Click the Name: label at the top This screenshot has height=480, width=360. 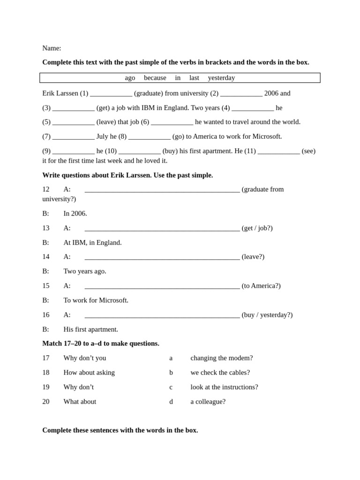pyautogui.click(x=52, y=48)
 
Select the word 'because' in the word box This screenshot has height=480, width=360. pyautogui.click(x=155, y=78)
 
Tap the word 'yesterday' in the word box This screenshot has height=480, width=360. pyautogui.click(x=221, y=78)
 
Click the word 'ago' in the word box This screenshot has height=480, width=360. pyautogui.click(x=130, y=78)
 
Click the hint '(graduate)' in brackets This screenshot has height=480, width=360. pyautogui.click(x=149, y=93)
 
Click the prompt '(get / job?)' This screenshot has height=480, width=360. pyautogui.click(x=257, y=228)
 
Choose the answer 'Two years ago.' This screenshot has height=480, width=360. pyautogui.click(x=85, y=271)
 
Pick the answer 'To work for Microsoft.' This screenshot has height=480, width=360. pyautogui.click(x=96, y=300)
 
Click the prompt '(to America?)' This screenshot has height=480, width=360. pyautogui.click(x=261, y=286)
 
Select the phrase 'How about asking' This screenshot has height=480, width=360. pyautogui.click(x=89, y=373)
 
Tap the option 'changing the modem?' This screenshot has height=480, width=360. pyautogui.click(x=221, y=358)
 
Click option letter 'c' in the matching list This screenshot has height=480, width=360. pyautogui.click(x=171, y=387)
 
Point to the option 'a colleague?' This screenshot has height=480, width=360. pyautogui.click(x=208, y=402)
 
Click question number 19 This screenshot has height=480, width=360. pyautogui.click(x=46, y=387)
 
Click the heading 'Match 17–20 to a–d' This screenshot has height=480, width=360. pyautogui.click(x=101, y=344)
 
